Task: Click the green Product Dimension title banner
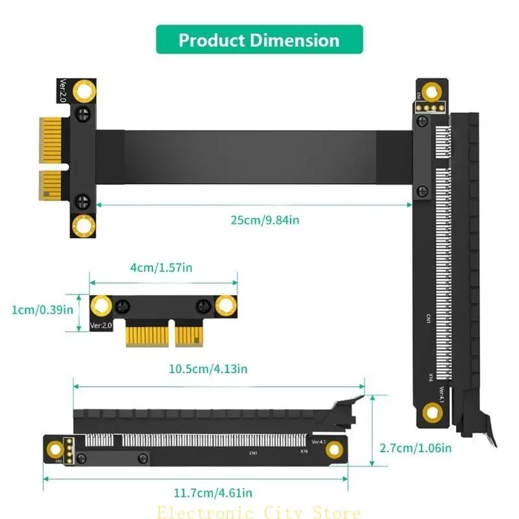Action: coord(259,40)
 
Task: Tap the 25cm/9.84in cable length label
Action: coord(265,220)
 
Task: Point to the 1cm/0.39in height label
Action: coord(42,309)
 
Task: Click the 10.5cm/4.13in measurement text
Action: coord(208,368)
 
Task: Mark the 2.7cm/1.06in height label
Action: coord(416,447)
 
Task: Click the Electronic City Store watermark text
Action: coord(259,513)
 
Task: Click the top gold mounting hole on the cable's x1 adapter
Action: coord(84,91)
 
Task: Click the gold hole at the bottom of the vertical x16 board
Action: coord(431,411)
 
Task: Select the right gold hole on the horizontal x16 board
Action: coord(334,450)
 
